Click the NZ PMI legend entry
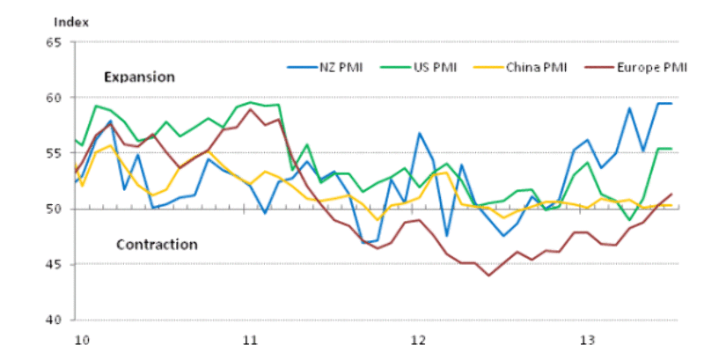(339, 66)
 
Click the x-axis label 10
(80, 338)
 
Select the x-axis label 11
(249, 338)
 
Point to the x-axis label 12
(418, 338)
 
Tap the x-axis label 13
(587, 338)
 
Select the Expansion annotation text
(140, 77)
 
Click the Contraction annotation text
(157, 244)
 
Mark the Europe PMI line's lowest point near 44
(489, 276)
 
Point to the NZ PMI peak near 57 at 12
(420, 133)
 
